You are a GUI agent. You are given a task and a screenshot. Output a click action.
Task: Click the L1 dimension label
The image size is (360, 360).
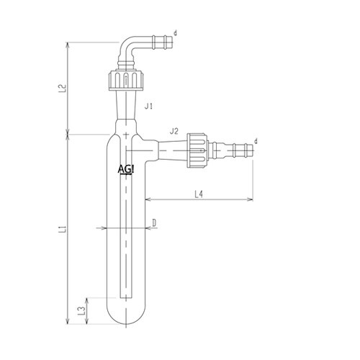63,230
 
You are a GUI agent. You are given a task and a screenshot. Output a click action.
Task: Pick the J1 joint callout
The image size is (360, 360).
149,107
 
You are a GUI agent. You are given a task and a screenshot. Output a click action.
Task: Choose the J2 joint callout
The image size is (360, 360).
174,131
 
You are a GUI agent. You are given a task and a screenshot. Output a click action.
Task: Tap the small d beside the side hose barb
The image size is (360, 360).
256,141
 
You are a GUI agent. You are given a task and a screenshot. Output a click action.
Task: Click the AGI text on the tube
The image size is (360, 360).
126,169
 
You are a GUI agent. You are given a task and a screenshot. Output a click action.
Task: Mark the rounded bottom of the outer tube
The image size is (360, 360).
127,317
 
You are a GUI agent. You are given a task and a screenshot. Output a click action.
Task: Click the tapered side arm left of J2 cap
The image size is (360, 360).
169,147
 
